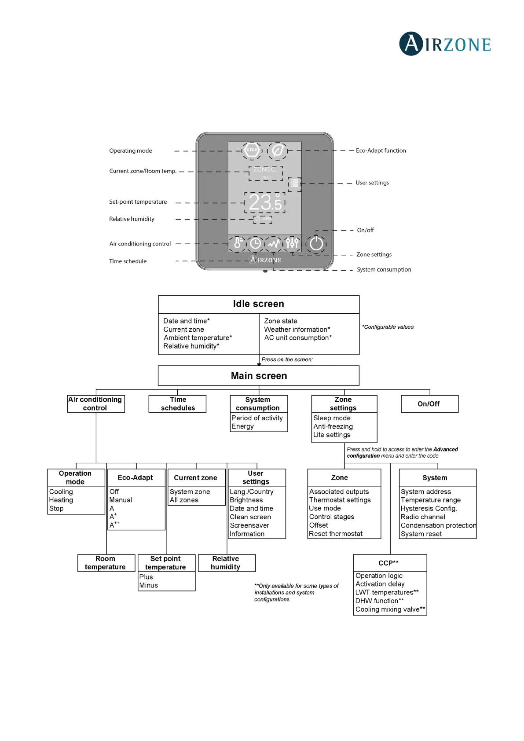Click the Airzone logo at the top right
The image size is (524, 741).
(445, 44)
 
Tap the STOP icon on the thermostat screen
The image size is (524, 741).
(252, 150)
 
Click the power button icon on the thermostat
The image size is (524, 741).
(316, 243)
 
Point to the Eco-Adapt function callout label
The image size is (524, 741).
(381, 150)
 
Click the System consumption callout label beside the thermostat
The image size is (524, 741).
(384, 269)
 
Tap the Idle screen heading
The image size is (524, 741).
(258, 304)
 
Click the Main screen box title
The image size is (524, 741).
(259, 376)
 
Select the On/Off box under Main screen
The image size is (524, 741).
(429, 404)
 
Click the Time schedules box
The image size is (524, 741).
(178, 404)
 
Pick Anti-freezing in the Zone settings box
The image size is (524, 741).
(333, 426)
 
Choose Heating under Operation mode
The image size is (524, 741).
(61, 500)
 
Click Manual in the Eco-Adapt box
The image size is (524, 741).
(121, 500)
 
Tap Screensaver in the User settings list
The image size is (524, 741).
(249, 525)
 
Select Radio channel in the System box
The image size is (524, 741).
(423, 517)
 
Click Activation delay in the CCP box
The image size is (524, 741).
(380, 584)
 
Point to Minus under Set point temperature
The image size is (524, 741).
(149, 585)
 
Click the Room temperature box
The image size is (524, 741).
(106, 563)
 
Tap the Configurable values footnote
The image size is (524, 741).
(388, 327)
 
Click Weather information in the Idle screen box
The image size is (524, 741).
(297, 330)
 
